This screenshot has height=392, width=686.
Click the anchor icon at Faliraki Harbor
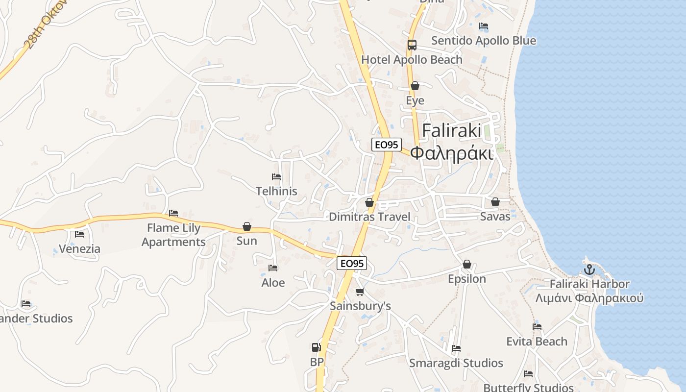(589, 269)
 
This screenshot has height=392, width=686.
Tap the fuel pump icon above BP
(317, 347)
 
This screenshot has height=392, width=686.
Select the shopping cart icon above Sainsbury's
(360, 292)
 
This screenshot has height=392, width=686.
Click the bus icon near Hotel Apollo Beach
(412, 45)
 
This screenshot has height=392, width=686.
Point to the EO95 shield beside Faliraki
(386, 145)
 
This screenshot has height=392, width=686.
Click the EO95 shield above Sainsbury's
(352, 263)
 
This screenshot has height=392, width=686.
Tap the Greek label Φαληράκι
(451, 153)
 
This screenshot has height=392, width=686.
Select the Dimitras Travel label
(369, 217)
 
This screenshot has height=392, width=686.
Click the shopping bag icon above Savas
(495, 202)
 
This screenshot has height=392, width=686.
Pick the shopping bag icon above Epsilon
(467, 265)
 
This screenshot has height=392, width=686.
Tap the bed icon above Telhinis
(276, 177)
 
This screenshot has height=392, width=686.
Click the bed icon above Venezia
(79, 234)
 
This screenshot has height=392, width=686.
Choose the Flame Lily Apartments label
(173, 235)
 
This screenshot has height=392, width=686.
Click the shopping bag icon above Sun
(247, 226)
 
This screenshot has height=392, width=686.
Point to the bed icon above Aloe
(273, 268)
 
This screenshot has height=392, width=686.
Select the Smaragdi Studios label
(456, 363)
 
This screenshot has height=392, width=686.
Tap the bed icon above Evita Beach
(537, 327)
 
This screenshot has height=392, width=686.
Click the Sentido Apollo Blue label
(483, 41)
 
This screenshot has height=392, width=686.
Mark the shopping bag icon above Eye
(415, 86)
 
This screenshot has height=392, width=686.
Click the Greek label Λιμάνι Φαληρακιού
(589, 298)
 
